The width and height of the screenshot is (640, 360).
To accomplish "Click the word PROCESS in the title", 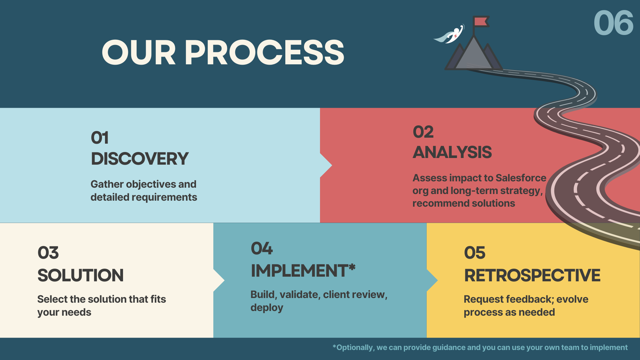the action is pos(264,52).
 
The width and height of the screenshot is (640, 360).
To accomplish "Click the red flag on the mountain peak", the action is pos(481,21).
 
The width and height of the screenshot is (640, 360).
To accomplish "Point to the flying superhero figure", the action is pos(450,35).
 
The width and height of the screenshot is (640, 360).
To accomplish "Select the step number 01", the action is pos(100,138).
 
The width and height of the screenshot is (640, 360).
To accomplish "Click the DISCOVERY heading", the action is pos(140,159).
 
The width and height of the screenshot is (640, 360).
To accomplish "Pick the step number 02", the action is pos(423,132).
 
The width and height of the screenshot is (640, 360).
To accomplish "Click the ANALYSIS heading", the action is pos(452,152).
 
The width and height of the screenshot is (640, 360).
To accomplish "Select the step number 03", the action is pos(48,253).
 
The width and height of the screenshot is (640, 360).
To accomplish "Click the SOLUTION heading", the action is pos(80,275).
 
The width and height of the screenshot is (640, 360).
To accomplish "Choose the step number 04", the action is pos(262,248).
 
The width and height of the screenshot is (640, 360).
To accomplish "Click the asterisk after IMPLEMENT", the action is pos(352,267).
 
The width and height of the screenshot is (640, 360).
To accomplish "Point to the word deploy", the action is pos(267,308).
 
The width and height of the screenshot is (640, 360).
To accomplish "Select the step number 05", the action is pos(475,253).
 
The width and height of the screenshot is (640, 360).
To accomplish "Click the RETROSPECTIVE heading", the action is pos(532,275).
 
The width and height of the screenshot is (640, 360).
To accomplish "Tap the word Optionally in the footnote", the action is pos(355,347).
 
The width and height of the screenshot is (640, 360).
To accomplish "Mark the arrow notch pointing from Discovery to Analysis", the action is pos(326,165).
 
